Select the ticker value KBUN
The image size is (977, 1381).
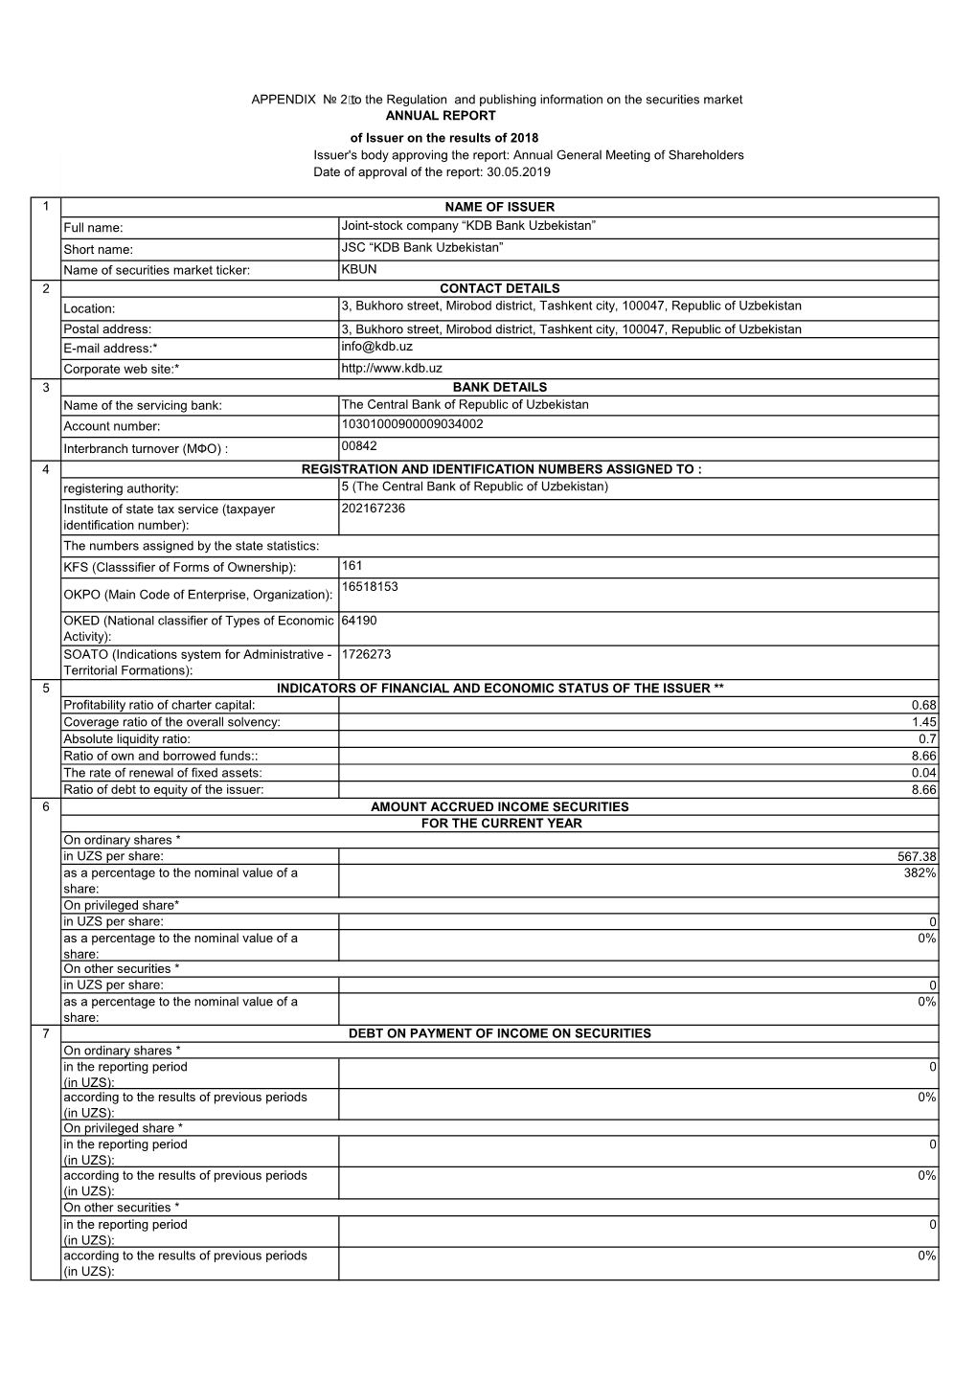[x=359, y=270]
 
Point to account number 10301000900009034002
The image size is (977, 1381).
[x=412, y=424]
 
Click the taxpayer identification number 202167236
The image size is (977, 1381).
[x=373, y=509]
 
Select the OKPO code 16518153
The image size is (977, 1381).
[x=370, y=586]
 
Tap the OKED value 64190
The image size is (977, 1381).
[x=359, y=621]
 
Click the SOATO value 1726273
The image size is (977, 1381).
[x=366, y=655]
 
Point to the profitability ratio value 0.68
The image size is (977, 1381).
[x=924, y=706]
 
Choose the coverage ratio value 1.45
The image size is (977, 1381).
[x=924, y=722]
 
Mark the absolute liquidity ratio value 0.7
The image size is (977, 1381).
[x=927, y=739]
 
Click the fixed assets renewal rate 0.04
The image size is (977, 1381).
[x=924, y=773]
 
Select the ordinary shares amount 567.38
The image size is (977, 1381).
[x=917, y=857]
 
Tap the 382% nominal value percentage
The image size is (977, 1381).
[x=920, y=873]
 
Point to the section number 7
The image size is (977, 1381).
[x=45, y=1034]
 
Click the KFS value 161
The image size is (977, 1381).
[x=352, y=566]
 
